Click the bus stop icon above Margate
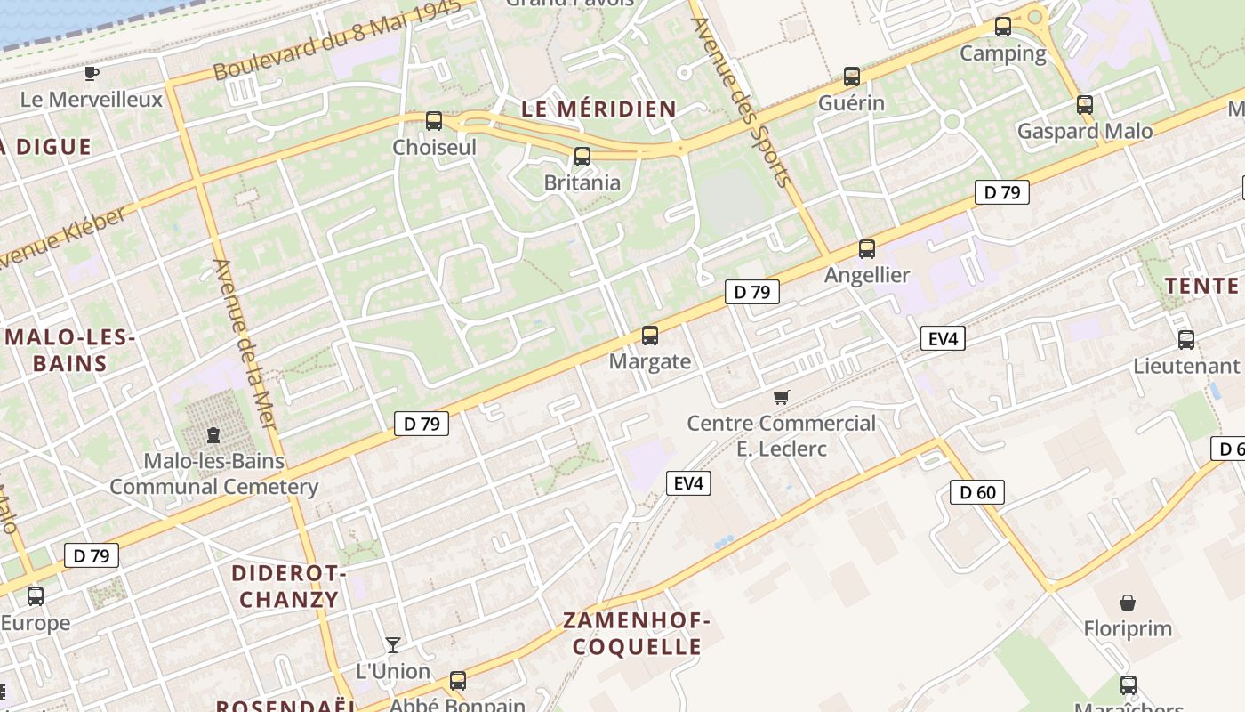pos(650,336)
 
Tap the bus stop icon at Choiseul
pos(434,121)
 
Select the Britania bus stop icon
pos(582,157)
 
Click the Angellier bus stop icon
pos(867,249)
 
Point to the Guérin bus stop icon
pos(852,77)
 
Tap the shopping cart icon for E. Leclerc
pos(782,397)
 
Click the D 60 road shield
pos(976,492)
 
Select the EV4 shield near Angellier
pos(942,338)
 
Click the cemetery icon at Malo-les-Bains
pos(213,435)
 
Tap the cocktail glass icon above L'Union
pos(393,644)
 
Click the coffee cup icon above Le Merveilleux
pos(91,73)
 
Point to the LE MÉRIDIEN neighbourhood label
pos(598,109)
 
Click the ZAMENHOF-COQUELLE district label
pos(637,634)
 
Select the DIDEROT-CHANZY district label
pos(289,586)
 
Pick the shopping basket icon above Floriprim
pos(1128,603)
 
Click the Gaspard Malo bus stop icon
pos(1085,105)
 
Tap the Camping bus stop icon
pos(1003,27)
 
